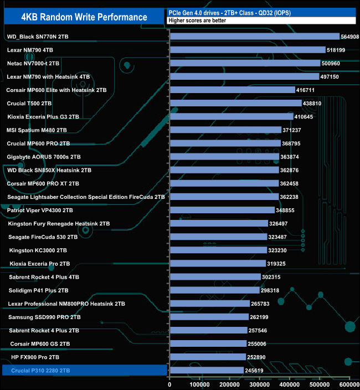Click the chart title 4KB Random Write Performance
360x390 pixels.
(84, 17)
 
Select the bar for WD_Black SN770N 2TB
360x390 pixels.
(255, 37)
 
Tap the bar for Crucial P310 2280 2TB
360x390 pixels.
(207, 370)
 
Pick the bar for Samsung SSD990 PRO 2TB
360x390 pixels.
(209, 317)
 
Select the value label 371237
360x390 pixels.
(294, 130)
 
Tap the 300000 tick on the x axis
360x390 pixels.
(260, 384)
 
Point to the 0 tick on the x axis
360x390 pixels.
(171, 384)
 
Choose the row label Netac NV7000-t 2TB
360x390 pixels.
(33, 64)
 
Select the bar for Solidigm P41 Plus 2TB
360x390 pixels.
(215, 290)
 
